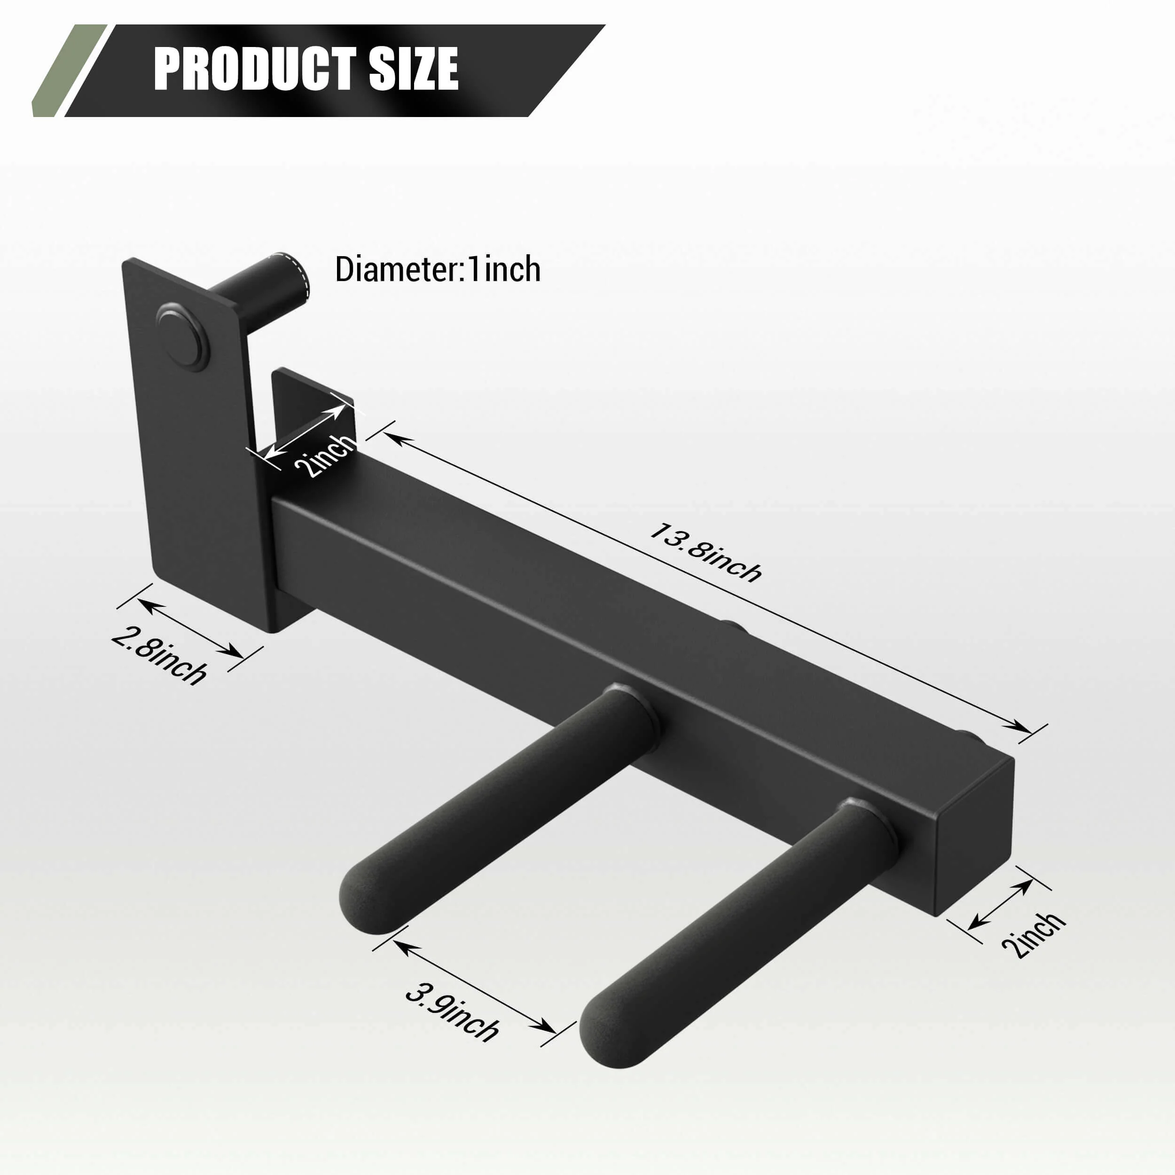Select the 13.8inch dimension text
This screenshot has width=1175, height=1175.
click(x=705, y=552)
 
